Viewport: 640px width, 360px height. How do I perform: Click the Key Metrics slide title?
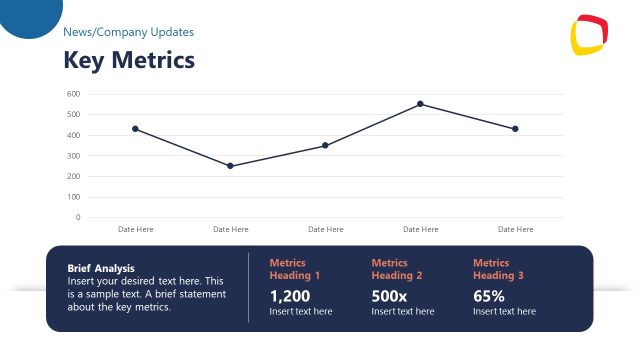[x=129, y=61]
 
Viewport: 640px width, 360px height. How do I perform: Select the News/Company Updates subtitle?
[x=129, y=32]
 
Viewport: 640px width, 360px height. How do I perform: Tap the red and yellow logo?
[x=589, y=36]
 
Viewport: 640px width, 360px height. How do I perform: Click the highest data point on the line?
[x=420, y=104]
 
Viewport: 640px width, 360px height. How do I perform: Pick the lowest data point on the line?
[x=230, y=166]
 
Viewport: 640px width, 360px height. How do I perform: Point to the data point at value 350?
[x=325, y=145]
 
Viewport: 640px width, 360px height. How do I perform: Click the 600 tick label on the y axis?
[x=73, y=94]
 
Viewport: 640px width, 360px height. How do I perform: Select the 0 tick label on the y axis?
[x=77, y=217]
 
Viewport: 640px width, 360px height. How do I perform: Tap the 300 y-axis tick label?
[x=73, y=156]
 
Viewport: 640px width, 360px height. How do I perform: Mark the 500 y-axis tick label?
[x=73, y=114]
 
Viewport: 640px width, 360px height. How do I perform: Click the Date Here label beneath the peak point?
[x=420, y=229]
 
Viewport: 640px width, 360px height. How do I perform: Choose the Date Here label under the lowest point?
[x=230, y=229]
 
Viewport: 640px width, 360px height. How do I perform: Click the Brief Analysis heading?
[x=101, y=268]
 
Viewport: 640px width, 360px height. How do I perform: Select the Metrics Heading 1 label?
[x=295, y=269]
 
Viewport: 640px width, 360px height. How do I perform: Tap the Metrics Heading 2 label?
[x=397, y=269]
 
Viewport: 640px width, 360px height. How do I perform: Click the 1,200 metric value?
[x=290, y=296]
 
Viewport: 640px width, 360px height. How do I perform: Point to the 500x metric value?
[x=389, y=296]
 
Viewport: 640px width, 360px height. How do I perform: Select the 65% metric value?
[x=489, y=296]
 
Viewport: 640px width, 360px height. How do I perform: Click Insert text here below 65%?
[x=504, y=312]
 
